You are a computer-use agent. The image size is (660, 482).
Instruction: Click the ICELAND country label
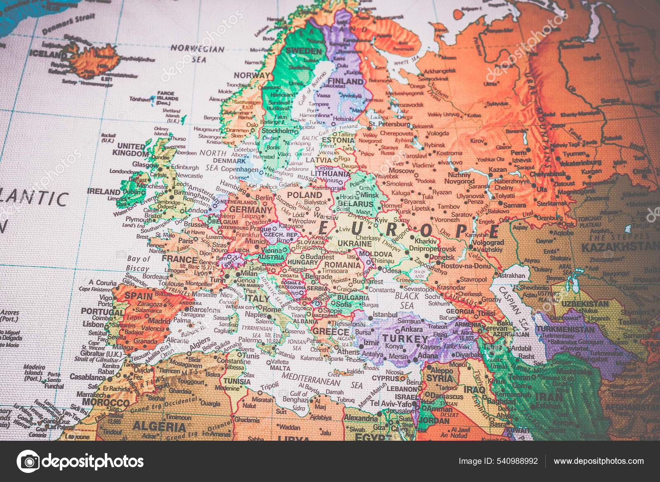click(x=47, y=53)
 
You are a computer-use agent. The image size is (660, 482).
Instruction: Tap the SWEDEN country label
click(x=304, y=51)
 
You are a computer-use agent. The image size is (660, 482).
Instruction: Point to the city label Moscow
click(x=401, y=171)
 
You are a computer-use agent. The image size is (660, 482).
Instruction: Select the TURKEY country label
click(x=405, y=339)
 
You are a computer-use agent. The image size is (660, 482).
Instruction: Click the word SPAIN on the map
click(x=139, y=296)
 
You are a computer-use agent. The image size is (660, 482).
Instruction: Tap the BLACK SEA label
click(x=407, y=301)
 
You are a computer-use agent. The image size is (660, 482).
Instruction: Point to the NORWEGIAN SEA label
click(x=198, y=53)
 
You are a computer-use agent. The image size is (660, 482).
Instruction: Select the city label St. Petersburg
click(x=389, y=124)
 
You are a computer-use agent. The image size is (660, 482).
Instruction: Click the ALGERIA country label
click(x=159, y=426)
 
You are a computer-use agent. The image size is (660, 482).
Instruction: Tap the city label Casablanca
click(x=87, y=377)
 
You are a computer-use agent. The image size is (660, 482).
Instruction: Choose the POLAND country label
click(x=304, y=195)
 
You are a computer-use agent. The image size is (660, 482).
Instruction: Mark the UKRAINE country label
click(x=354, y=244)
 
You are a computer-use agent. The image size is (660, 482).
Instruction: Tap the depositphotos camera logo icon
click(x=28, y=461)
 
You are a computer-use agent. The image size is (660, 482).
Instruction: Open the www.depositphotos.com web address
click(x=599, y=461)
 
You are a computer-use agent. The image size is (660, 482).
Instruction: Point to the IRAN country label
click(x=549, y=397)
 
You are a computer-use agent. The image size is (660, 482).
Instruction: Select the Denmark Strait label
click(x=68, y=24)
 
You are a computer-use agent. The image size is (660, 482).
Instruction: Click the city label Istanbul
click(x=385, y=315)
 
